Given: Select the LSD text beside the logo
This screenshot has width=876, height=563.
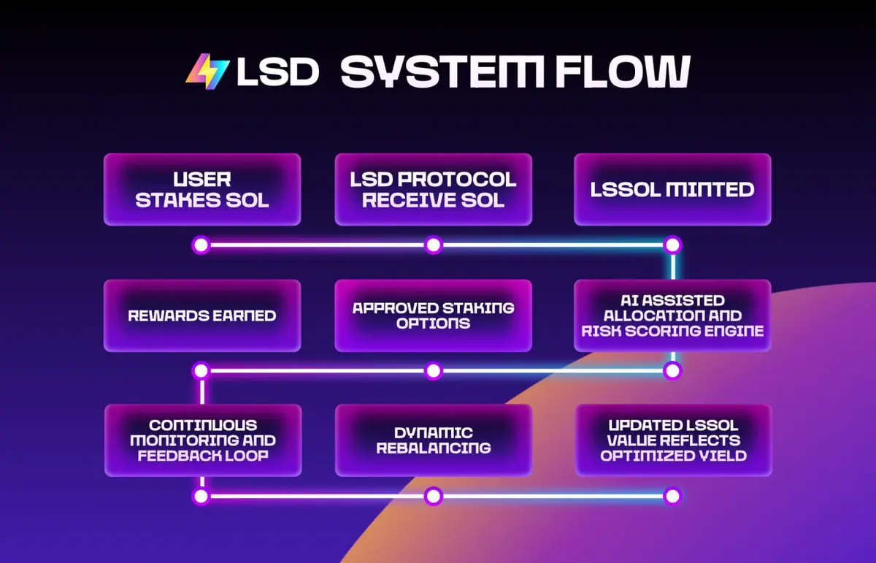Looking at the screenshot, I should [278, 72].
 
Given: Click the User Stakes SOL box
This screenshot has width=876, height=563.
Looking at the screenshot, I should [202, 189].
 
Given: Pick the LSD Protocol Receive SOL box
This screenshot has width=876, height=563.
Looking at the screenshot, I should [434, 189].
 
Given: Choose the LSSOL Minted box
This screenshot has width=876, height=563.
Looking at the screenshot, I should [672, 189].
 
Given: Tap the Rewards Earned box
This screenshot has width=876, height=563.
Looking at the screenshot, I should [202, 315].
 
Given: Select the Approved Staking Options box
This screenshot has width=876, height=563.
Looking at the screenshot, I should [434, 315].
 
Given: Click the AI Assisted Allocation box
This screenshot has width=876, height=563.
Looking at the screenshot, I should [672, 315].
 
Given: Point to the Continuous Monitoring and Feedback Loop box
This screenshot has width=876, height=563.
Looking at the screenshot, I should [202, 440].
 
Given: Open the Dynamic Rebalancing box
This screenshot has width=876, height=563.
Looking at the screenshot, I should [434, 440].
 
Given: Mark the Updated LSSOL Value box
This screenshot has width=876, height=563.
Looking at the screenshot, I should [672, 440].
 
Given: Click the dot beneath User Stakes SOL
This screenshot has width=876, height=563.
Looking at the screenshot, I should [201, 245].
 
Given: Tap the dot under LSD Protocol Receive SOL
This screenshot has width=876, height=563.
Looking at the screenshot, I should [434, 245].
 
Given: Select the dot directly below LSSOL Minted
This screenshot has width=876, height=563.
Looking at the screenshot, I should [672, 245].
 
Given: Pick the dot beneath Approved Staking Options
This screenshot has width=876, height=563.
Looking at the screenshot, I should [434, 371].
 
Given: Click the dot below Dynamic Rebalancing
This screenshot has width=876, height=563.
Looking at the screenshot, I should [434, 497].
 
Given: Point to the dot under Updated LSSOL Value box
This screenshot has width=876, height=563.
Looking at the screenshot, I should [672, 497].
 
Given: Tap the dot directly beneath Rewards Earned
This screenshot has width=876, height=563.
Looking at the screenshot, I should [201, 371].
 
